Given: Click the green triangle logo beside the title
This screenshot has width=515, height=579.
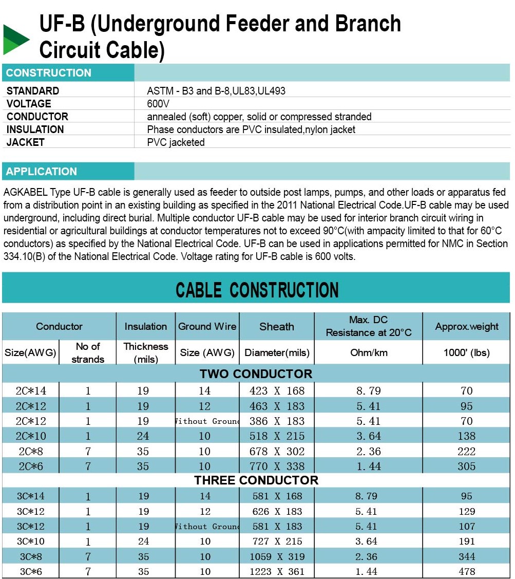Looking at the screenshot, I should click(x=15, y=40).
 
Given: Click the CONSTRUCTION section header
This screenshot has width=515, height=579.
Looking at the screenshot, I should click(x=49, y=73).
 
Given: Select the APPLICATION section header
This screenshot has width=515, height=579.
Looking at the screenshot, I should click(x=42, y=172).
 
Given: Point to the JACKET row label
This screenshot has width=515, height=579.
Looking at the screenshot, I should click(x=26, y=142).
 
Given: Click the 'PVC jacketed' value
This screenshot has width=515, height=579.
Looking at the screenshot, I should click(x=176, y=142).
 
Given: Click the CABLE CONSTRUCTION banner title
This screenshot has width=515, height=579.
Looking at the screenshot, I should click(x=257, y=290).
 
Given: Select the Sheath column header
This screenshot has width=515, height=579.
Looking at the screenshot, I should click(x=277, y=327).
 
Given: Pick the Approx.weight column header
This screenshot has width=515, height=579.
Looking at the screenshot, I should click(x=467, y=327).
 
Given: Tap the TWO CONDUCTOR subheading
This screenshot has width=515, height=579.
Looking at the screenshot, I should click(x=256, y=374).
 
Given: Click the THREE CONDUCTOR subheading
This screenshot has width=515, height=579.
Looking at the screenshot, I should click(x=256, y=481).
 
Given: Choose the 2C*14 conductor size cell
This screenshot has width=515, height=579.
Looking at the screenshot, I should click(x=31, y=391).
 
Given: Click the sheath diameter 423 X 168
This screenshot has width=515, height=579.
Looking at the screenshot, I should click(x=277, y=391).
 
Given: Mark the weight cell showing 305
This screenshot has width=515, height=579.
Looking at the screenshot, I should click(x=467, y=466).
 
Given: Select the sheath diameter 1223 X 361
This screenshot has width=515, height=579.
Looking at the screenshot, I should click(x=277, y=572).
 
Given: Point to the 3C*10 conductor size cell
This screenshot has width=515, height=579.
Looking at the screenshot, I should click(x=31, y=541).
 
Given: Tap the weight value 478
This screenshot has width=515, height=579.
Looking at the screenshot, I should click(x=467, y=572).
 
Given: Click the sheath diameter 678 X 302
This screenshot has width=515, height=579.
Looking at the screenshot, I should click(x=277, y=452).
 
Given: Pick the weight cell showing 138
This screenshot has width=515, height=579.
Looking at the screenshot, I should click(x=467, y=436).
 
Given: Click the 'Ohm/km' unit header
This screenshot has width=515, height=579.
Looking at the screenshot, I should click(x=369, y=353).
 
